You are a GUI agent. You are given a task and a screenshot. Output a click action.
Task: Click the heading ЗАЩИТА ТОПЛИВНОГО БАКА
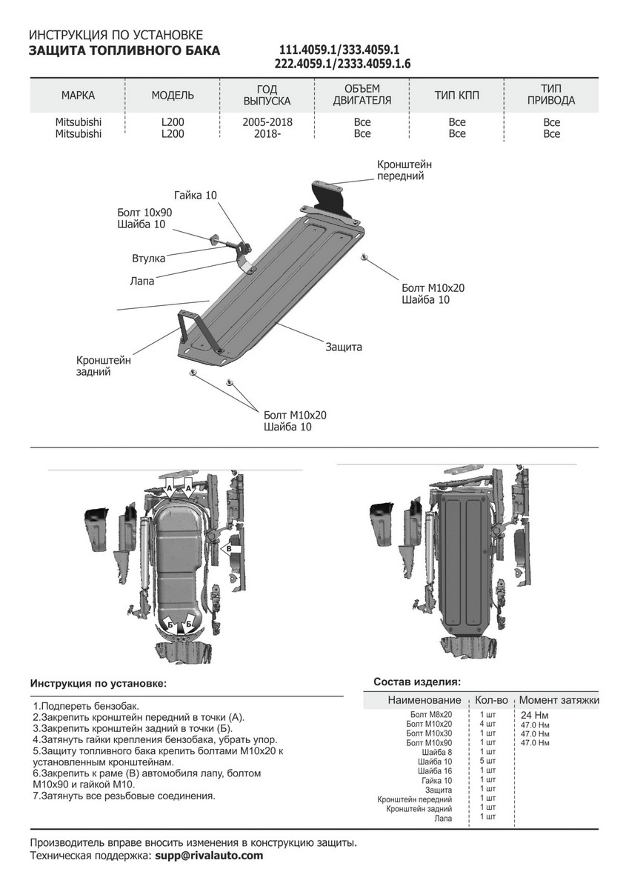point(124,50)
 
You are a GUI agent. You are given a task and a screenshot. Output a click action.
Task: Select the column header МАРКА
point(78,96)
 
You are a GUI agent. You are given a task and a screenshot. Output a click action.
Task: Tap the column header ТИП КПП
point(457,96)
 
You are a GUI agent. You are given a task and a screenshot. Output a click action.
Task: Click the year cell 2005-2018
point(267,122)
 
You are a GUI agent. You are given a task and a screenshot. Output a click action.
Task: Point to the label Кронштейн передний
point(404,170)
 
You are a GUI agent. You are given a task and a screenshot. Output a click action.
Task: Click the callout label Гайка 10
point(196,196)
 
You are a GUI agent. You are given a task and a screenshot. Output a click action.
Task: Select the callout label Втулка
point(148,259)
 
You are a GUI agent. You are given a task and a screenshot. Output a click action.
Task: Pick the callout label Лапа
point(142,281)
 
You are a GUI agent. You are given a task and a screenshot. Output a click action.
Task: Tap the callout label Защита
point(343,347)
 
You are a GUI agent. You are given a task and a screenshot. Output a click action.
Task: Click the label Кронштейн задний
point(103,366)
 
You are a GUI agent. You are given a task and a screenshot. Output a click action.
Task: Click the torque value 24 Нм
point(536,715)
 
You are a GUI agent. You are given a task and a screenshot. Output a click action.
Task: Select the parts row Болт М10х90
point(429,742)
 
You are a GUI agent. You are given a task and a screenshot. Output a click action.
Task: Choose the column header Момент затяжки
point(559,700)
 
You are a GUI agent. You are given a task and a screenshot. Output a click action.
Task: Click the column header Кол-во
point(491,700)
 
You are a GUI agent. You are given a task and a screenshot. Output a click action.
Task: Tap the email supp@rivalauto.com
point(208,856)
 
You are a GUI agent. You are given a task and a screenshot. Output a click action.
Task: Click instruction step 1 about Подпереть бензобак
point(86,707)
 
